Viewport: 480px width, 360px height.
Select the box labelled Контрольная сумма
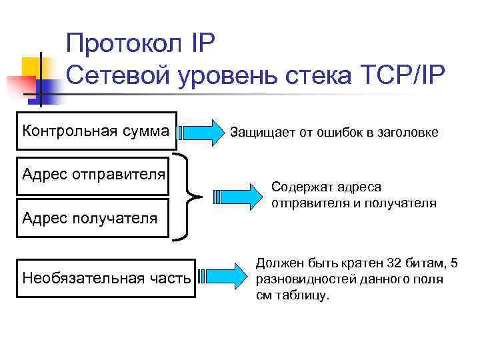point(96,131)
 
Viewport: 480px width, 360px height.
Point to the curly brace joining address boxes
point(190,196)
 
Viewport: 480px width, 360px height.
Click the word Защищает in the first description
point(257,133)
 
